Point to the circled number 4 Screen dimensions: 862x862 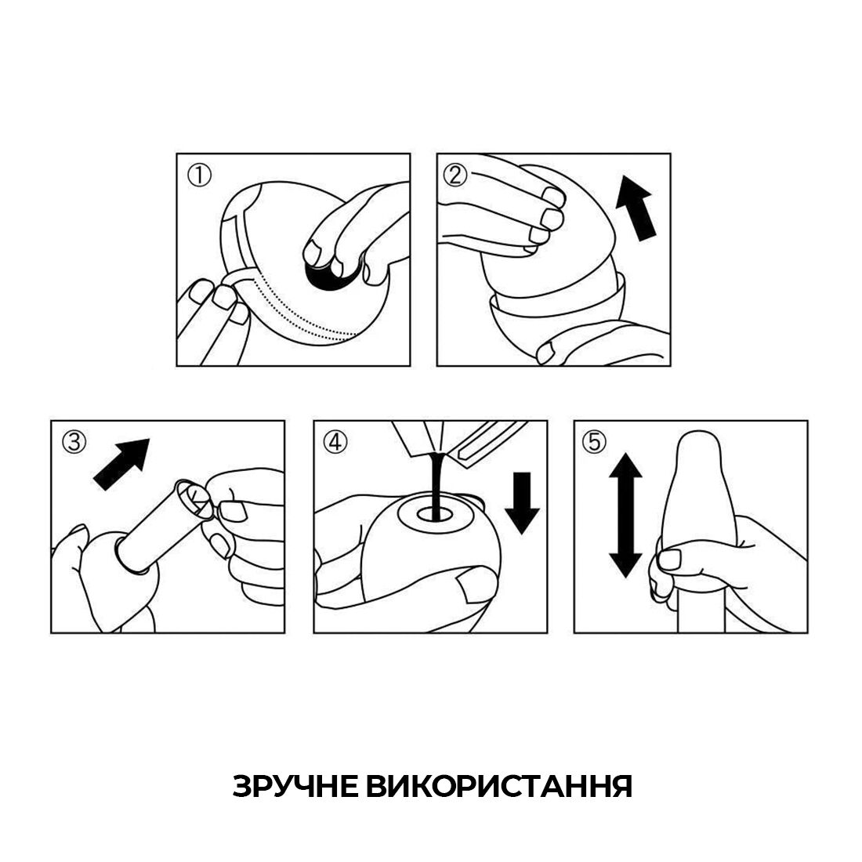(334, 443)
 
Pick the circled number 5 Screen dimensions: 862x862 (595, 443)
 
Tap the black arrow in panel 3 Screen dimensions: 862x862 (121, 464)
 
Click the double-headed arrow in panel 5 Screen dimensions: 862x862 (625, 515)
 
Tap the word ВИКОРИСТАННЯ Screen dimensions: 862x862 (499, 786)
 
